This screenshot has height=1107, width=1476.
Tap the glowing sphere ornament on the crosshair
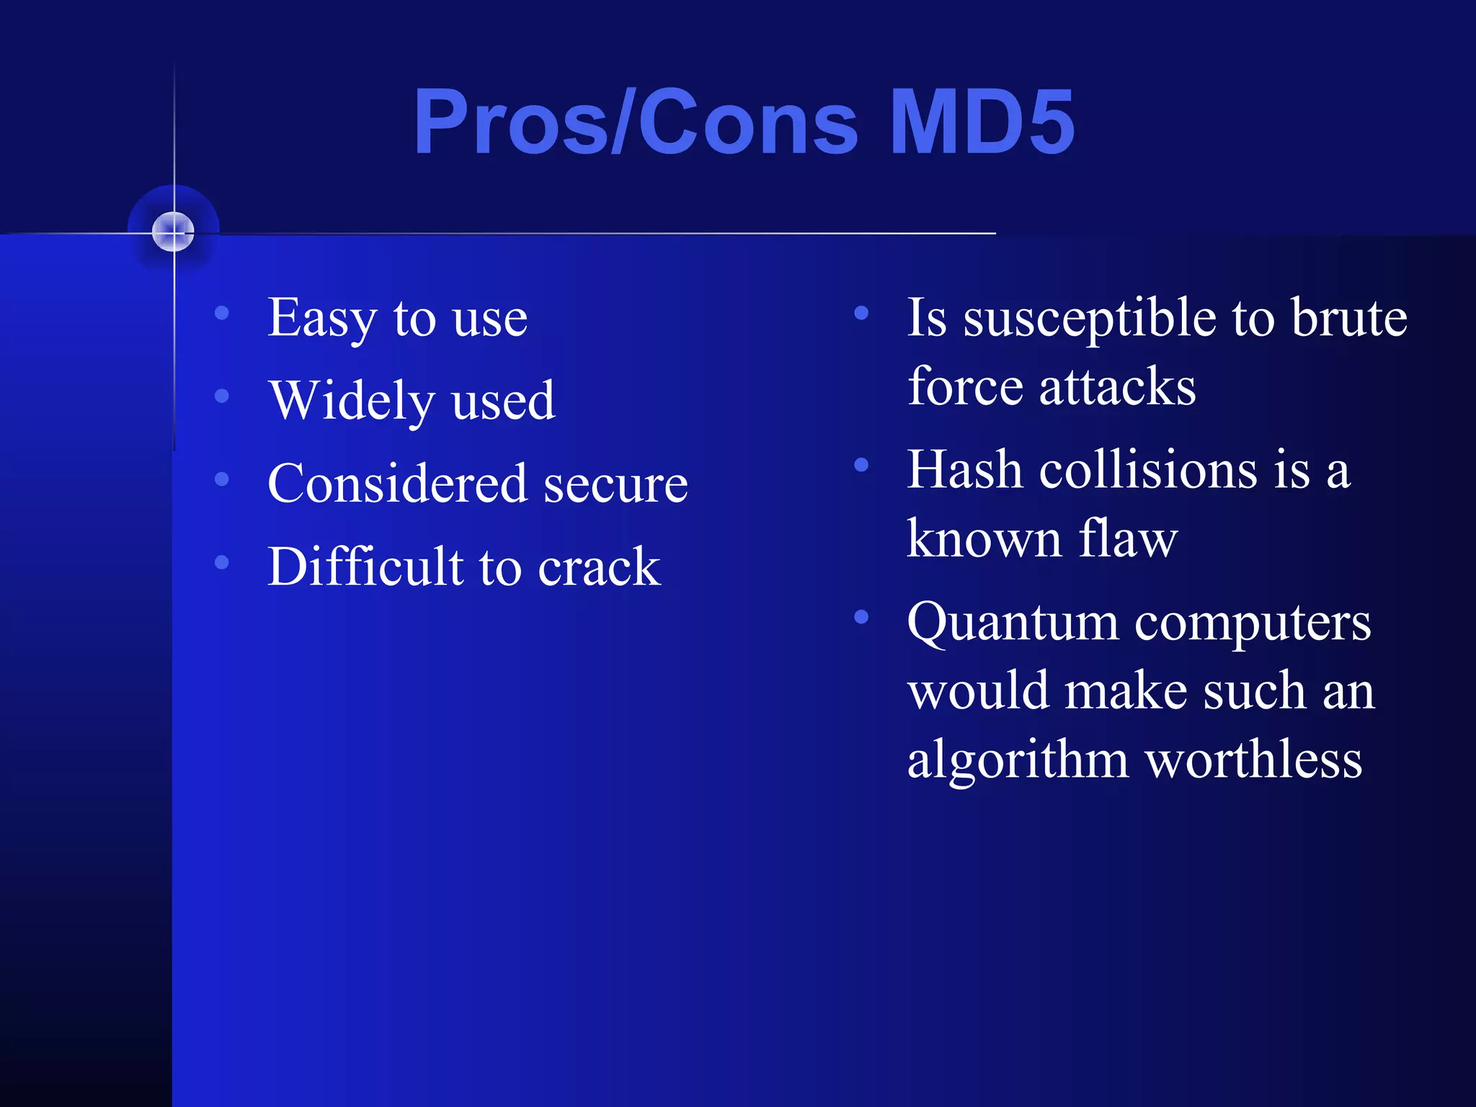[x=174, y=231]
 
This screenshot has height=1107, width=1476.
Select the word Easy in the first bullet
[x=322, y=319]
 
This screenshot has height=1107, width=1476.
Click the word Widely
[x=352, y=401]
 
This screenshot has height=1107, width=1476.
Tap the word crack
[x=599, y=567]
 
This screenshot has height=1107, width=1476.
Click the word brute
[x=1348, y=318]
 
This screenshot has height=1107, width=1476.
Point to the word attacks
[x=1117, y=388]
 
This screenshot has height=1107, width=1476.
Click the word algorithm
[x=1018, y=760]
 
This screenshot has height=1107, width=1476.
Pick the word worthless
[x=1254, y=760]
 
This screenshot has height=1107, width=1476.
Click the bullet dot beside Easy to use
[x=222, y=313]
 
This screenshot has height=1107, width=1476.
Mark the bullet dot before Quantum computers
[x=861, y=617]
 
